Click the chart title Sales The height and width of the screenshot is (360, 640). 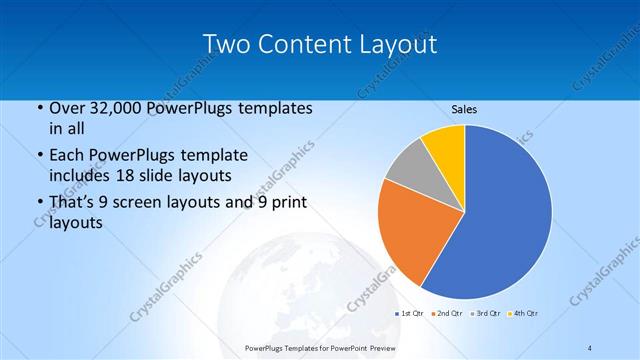(464, 108)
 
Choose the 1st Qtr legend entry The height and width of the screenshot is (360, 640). (410, 314)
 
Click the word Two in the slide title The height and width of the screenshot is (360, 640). (225, 44)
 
